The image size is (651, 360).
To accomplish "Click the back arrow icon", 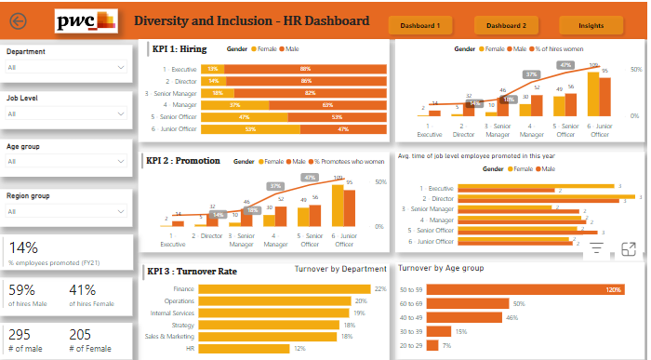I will (18, 21).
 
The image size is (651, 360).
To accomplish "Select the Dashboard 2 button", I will (506, 26).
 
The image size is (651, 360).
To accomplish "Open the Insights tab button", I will (591, 26).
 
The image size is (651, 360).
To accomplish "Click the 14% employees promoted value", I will (24, 248).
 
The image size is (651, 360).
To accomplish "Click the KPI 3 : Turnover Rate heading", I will (192, 272).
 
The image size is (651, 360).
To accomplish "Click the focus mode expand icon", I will (628, 248).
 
